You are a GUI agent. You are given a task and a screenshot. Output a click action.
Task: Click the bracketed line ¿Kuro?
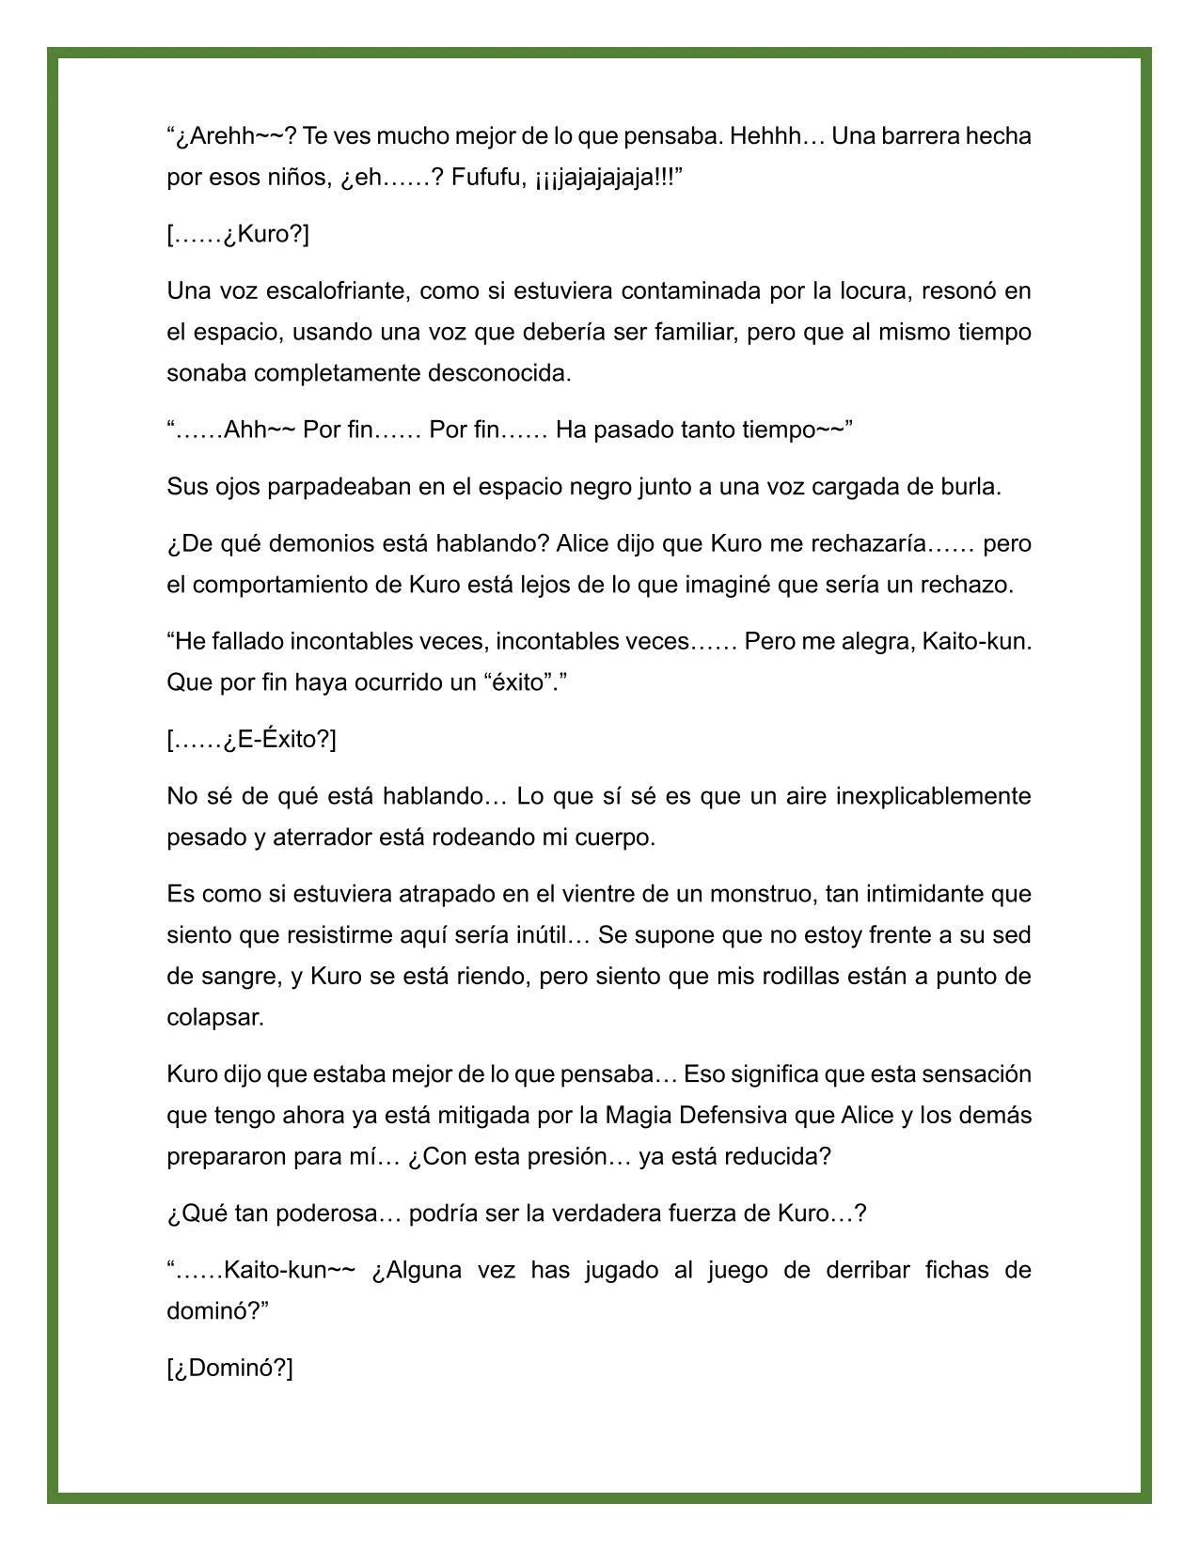238,234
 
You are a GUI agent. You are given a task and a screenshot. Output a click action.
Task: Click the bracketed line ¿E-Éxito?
251,740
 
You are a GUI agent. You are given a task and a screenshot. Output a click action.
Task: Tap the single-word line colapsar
215,1017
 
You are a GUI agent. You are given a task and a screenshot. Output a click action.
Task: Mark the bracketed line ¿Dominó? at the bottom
230,1368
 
